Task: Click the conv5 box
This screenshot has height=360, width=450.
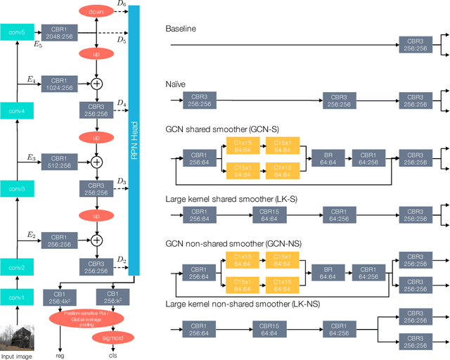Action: [x=17, y=32]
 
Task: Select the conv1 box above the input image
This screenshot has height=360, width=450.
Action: [x=17, y=297]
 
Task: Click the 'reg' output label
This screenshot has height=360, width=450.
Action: [x=60, y=356]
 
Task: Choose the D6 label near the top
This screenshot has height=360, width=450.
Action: [x=122, y=4]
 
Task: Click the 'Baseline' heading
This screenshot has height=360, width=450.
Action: [x=181, y=29]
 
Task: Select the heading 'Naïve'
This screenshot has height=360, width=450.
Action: [x=176, y=83]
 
